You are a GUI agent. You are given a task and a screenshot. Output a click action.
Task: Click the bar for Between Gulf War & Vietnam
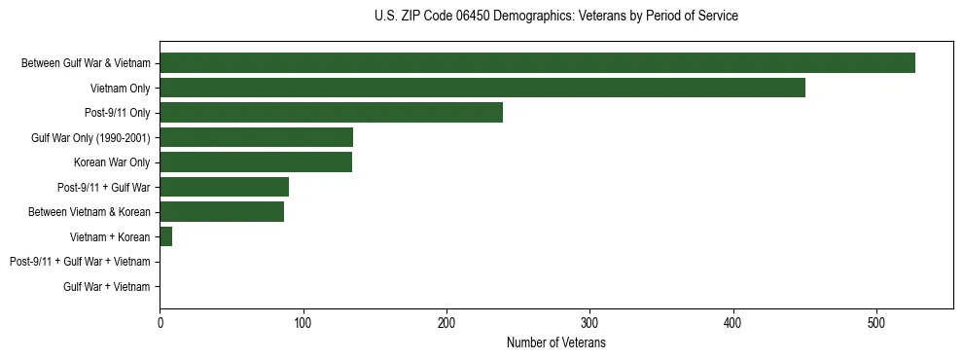[537, 63]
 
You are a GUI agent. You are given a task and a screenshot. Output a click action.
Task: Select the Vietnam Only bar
[482, 88]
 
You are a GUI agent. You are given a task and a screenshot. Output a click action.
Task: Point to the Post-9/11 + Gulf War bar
[224, 187]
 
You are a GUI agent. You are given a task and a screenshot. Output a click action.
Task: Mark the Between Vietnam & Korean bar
[222, 212]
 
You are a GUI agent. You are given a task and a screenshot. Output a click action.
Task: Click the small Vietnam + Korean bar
[165, 236]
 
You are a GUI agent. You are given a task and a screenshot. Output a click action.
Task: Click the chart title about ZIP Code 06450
[555, 17]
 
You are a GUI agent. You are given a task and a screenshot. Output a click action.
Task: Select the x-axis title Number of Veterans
[555, 343]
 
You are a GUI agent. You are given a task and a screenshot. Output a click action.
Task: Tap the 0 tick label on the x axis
[160, 323]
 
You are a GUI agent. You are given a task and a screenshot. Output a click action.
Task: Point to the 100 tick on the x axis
[303, 323]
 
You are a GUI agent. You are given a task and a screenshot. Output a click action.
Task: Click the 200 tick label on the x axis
[446, 323]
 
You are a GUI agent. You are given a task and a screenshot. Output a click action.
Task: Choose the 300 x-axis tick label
[589, 323]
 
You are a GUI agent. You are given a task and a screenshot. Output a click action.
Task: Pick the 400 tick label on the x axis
[733, 323]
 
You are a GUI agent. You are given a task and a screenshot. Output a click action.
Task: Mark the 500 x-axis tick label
[876, 323]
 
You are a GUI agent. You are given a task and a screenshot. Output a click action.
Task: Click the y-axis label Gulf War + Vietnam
[107, 287]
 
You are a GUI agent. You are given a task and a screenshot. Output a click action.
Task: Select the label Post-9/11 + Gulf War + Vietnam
[80, 262]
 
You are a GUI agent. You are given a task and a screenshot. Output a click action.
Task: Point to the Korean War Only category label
[112, 162]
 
